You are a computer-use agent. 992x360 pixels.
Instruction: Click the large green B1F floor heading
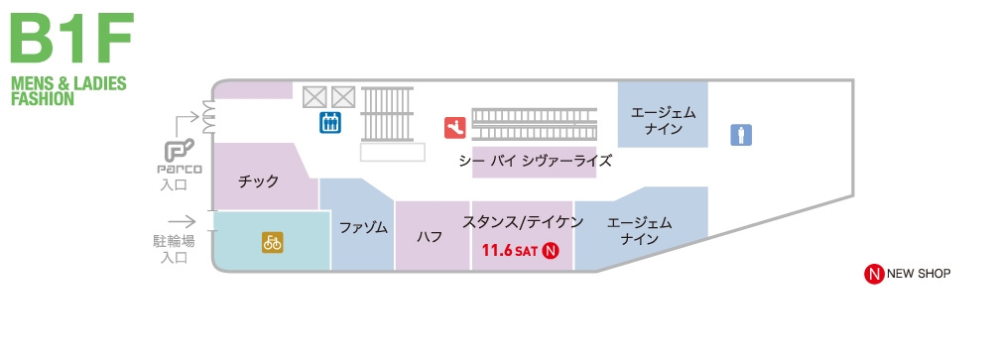pos(70,41)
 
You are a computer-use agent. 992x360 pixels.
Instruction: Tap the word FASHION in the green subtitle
pos(43,99)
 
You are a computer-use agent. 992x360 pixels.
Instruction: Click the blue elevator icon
pos(330,122)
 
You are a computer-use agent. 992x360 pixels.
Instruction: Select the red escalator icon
pos(454,127)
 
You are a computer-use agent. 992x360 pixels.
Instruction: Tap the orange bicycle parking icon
pos(272,241)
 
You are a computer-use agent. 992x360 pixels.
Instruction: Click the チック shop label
pos(259,181)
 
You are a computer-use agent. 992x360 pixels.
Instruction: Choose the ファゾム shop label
pos(363,227)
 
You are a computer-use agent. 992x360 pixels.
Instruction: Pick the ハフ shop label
pos(430,236)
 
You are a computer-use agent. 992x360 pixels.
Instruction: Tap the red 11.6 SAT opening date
pos(509,250)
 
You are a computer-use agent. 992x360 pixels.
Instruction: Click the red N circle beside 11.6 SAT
pos(553,250)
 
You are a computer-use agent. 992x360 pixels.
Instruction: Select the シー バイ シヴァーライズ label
pos(535,160)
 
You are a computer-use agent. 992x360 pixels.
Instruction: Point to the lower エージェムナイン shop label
pos(639,231)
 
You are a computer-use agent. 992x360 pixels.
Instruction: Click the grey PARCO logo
pos(184,158)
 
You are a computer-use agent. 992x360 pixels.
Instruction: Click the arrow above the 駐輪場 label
pos(182,222)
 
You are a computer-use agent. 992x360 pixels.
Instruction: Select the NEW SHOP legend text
pos(919,274)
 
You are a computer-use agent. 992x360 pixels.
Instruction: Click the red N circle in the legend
pos(874,274)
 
